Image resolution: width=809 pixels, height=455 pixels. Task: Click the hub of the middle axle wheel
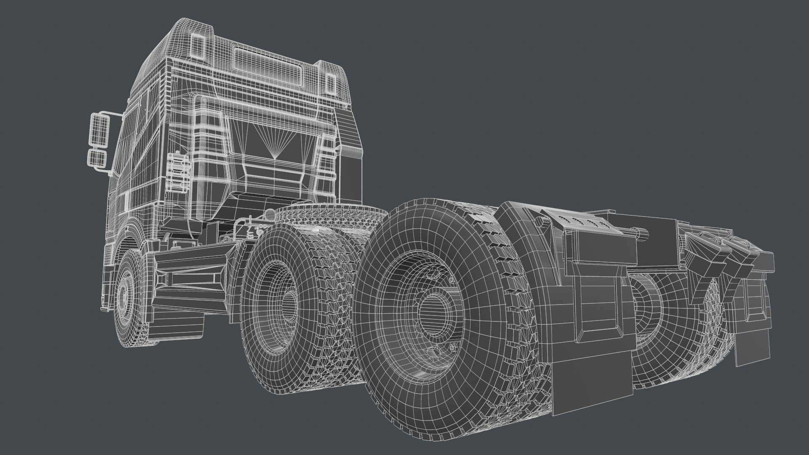(x=288, y=301)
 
